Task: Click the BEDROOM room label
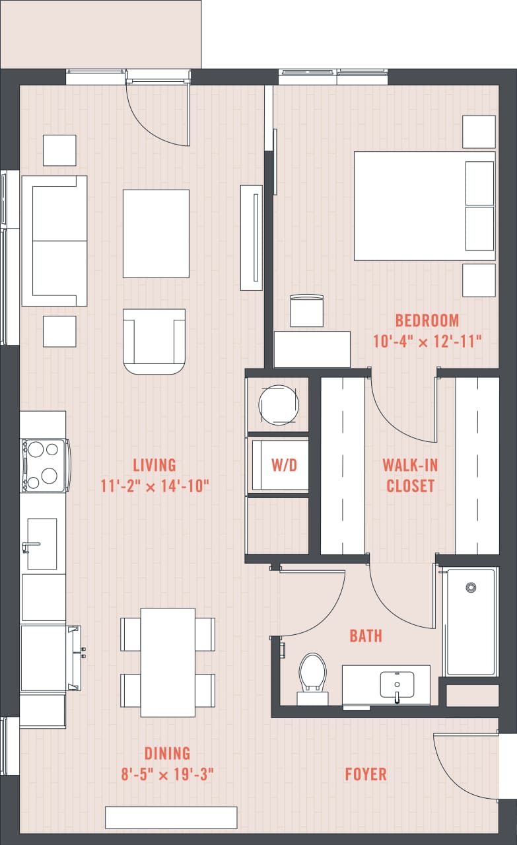point(427,321)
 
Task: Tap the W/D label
point(284,464)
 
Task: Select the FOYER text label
point(365,774)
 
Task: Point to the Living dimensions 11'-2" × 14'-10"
point(155,487)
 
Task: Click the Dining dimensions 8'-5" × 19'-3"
point(167,774)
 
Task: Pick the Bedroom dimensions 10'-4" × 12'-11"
point(427,342)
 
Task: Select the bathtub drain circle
point(471,587)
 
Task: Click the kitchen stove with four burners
point(44,465)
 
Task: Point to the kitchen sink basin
point(42,544)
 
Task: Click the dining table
point(168,662)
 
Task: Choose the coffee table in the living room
point(156,233)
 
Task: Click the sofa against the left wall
point(54,240)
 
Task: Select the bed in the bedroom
point(424,205)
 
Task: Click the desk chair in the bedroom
point(306,311)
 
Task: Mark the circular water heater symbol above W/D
point(279,404)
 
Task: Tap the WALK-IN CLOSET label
point(410,475)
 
